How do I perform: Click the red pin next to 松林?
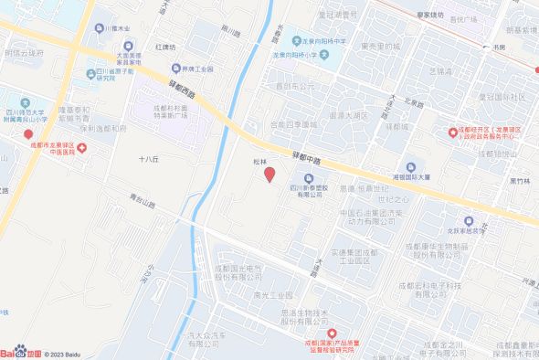[269, 174]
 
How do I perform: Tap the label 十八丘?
[149, 158]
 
